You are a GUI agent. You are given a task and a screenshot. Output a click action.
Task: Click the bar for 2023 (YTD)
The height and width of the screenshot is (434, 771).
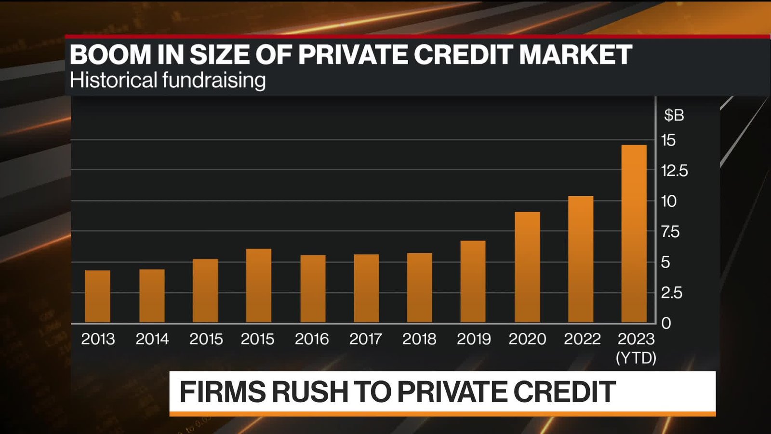click(634, 234)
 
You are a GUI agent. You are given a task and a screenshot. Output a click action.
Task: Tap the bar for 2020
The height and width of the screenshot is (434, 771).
click(527, 267)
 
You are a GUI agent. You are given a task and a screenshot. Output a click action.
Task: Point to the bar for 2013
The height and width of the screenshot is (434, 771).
click(97, 296)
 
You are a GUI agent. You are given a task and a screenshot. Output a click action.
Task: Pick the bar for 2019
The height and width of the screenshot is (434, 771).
click(473, 282)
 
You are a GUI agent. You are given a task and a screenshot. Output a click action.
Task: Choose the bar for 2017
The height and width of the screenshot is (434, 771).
click(366, 288)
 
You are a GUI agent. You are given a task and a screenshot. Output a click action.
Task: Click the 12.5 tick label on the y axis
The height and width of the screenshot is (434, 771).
click(674, 171)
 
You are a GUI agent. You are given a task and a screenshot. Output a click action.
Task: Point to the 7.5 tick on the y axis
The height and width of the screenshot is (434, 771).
click(670, 232)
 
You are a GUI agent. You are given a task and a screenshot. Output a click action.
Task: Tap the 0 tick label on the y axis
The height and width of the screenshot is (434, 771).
click(666, 323)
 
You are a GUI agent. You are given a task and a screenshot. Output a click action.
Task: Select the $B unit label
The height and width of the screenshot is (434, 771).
click(674, 115)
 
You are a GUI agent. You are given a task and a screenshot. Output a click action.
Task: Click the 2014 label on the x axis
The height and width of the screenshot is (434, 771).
click(152, 339)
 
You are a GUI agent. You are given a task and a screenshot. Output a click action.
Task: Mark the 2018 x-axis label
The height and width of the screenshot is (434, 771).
click(419, 339)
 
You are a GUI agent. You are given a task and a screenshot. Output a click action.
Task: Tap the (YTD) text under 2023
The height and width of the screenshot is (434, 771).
click(636, 358)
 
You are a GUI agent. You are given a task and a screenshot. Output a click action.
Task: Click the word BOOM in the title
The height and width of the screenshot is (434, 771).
click(111, 54)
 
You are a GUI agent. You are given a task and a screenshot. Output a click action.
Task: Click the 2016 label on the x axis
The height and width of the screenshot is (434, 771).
click(312, 339)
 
